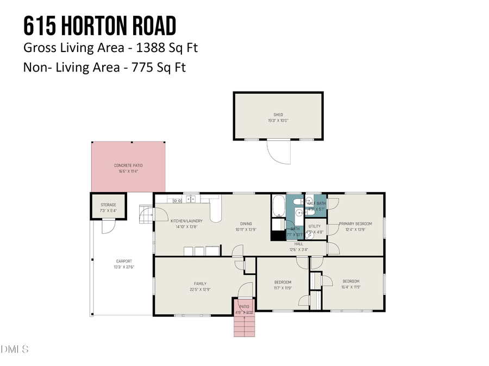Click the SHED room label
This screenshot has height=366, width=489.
coord(278,114)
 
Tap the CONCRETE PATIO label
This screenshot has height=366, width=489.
coord(128,165)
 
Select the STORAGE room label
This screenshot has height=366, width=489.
coord(108,205)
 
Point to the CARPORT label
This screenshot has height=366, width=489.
coord(124,261)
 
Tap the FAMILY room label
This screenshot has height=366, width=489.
coord(200,283)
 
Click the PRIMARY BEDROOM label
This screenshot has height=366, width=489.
coord(355,224)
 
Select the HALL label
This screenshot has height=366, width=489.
coord(298,244)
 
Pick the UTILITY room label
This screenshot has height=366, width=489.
coord(315,226)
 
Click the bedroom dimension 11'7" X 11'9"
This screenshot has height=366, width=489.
coord(283,288)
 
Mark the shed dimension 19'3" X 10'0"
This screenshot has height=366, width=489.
coord(278,120)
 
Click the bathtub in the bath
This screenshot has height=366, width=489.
coord(278,206)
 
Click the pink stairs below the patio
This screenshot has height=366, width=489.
coord(244,326)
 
